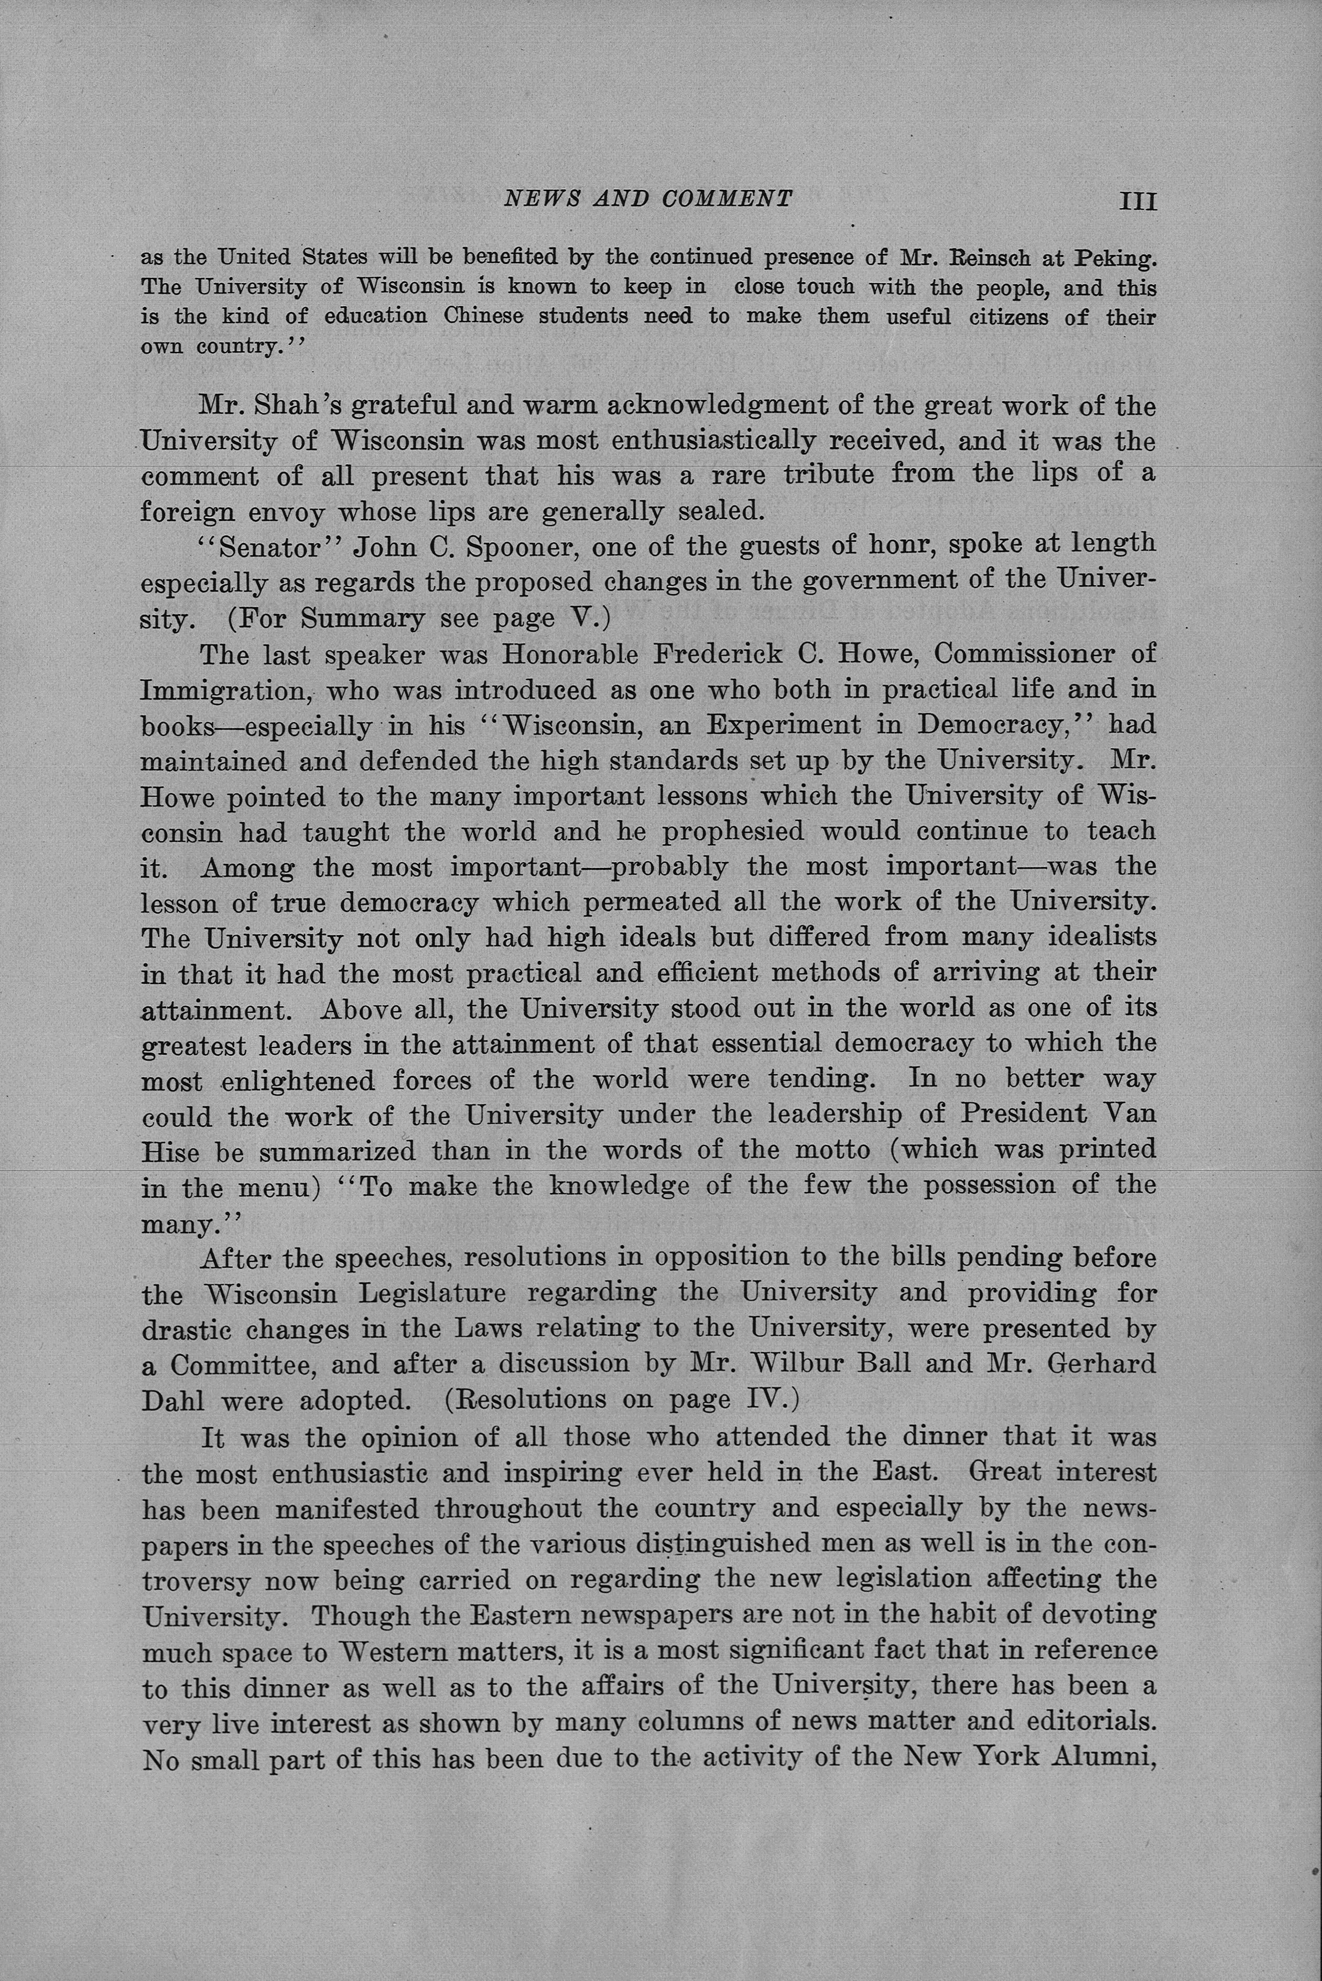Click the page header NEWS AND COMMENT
click(x=647, y=199)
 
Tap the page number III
click(x=1137, y=201)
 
